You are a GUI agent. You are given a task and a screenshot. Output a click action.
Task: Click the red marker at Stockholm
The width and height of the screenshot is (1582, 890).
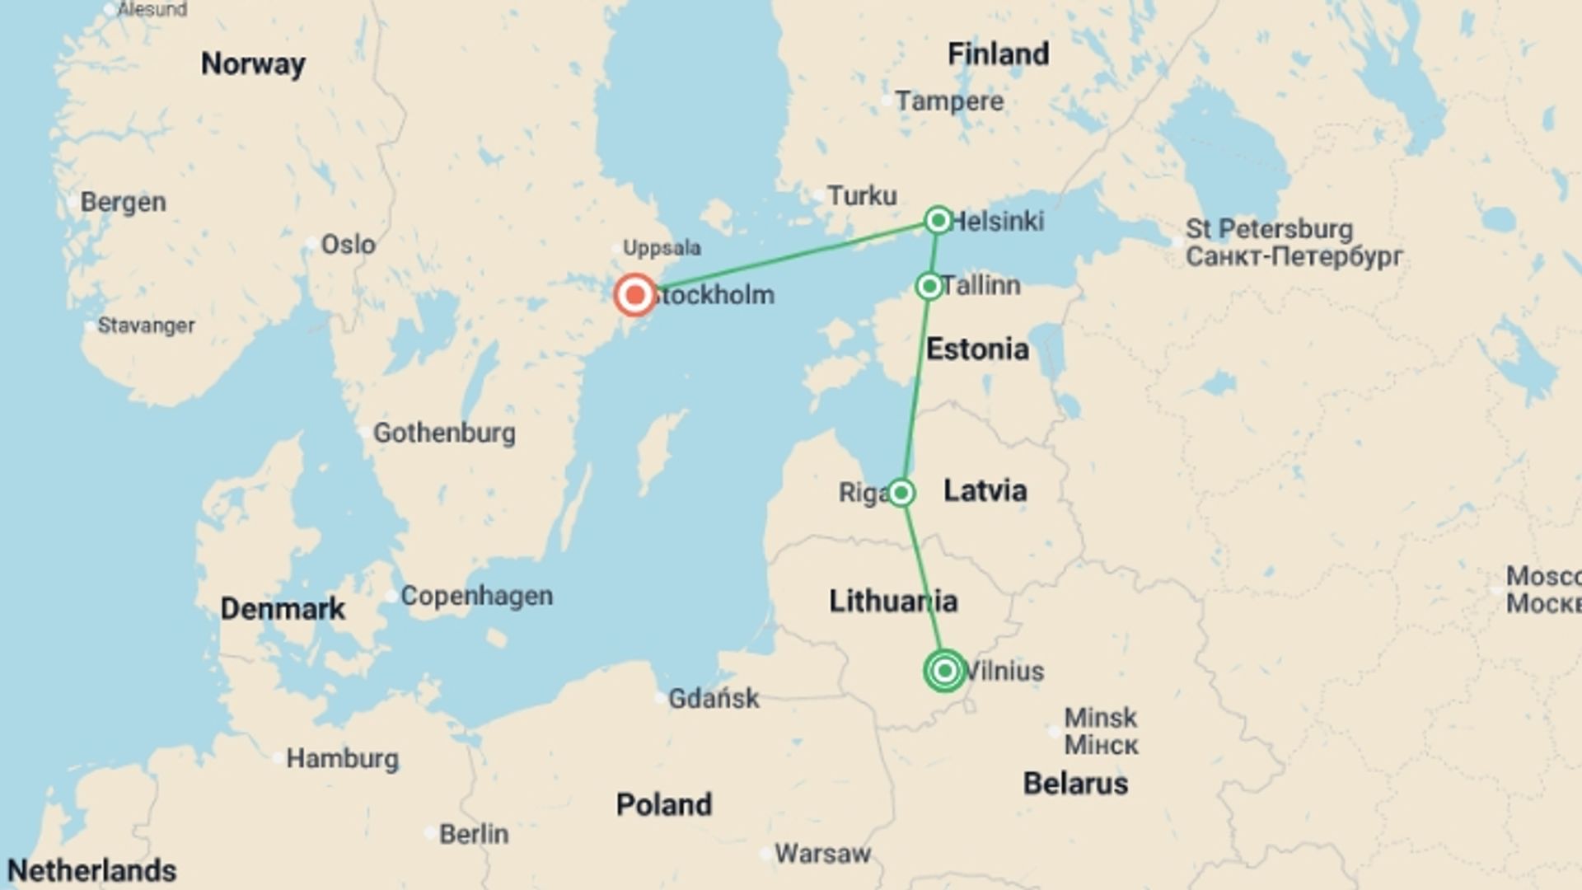pos(634,295)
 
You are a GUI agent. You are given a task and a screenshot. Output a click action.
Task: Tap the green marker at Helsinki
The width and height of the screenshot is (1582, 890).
pos(938,220)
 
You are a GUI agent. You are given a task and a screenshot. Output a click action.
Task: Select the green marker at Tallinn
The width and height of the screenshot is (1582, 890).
pos(929,286)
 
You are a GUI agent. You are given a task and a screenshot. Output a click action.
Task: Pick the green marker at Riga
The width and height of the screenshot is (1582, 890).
pos(901,493)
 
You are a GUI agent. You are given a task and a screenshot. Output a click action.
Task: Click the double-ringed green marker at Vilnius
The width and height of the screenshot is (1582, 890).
pos(945,671)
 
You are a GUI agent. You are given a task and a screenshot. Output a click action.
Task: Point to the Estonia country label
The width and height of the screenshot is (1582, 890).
pos(977,349)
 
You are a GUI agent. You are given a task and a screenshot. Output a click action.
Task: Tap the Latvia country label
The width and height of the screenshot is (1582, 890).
pos(985,491)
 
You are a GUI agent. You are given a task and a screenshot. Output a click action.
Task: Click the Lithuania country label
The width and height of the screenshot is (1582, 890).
pos(893,602)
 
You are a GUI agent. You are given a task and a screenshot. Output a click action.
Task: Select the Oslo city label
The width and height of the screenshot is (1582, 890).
pos(348,245)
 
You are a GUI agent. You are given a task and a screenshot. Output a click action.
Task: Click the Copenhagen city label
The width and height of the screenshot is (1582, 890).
pos(476,596)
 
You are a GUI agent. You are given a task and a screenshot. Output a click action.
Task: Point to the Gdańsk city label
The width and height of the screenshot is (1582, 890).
pos(713,699)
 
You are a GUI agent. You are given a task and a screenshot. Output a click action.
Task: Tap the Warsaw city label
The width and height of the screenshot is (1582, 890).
pos(822,854)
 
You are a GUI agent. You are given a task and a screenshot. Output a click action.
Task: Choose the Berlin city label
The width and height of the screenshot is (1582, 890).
pos(474,834)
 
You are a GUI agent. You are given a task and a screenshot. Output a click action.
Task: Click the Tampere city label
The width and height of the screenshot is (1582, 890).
pos(949,101)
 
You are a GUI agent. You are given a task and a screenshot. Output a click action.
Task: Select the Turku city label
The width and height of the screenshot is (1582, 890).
pos(862,196)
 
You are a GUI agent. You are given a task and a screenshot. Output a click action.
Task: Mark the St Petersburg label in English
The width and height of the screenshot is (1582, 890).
pos(1269,229)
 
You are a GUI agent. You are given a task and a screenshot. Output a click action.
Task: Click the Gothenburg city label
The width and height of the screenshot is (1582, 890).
pos(444,433)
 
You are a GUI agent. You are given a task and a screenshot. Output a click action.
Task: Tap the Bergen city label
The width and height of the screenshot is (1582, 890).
pos(123,202)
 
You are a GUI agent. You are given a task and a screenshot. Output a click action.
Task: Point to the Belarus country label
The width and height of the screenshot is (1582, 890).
pos(1075,784)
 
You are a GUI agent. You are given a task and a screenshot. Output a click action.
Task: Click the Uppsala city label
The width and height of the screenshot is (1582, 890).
pos(662,248)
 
